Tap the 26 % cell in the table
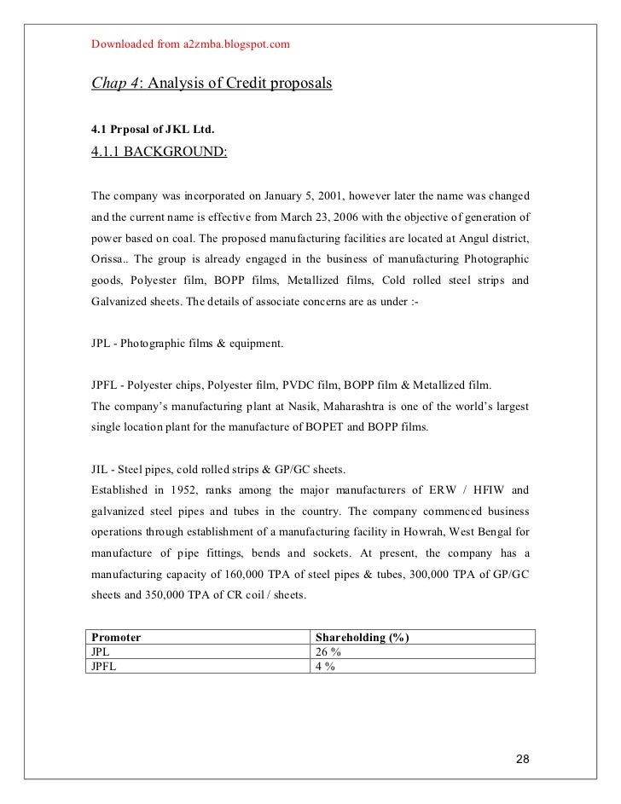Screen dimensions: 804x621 328,651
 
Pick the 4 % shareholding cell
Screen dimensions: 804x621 325,666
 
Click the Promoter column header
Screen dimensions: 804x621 116,637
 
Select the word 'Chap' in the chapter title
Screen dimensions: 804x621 107,85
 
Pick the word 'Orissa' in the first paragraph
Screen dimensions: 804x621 108,257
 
